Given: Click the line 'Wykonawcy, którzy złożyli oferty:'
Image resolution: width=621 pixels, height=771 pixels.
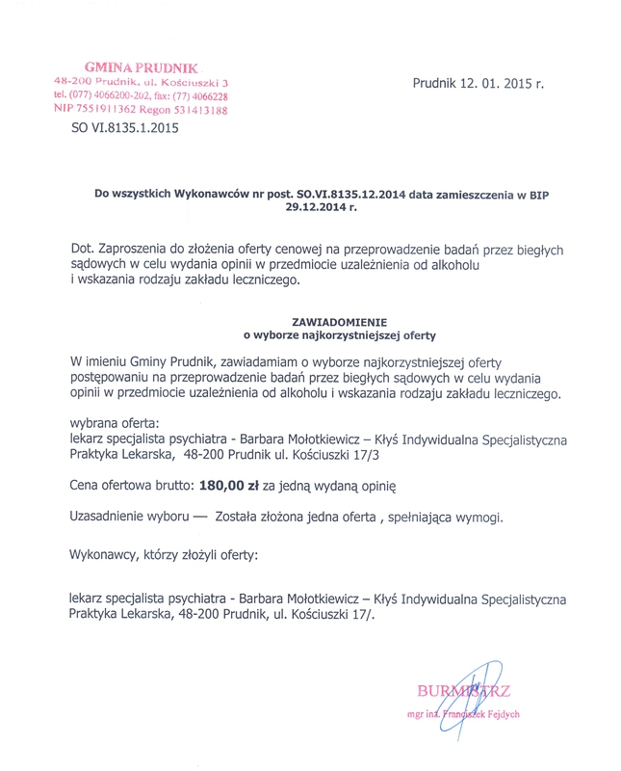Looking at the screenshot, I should coord(165,554).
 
